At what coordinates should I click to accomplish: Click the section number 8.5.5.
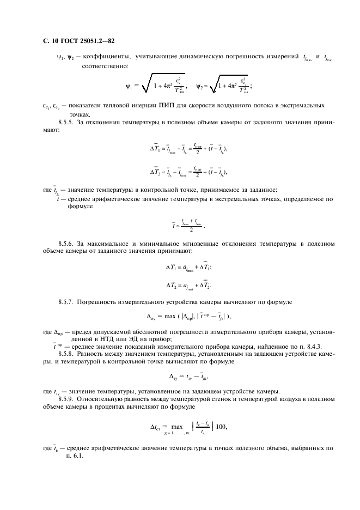pyautogui.click(x=68, y=124)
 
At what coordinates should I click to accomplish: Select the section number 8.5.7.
pyautogui.click(x=68, y=301)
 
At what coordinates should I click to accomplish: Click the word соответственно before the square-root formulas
pyautogui.click(x=105, y=66)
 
